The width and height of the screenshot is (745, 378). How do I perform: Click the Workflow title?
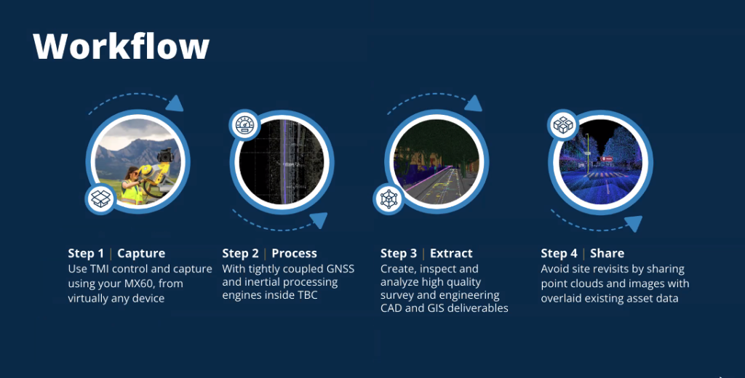point(121,46)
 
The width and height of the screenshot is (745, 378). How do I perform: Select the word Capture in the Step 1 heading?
point(141,254)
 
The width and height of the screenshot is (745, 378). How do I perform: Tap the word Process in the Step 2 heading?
point(294,254)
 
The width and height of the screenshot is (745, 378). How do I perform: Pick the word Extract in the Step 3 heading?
point(451,254)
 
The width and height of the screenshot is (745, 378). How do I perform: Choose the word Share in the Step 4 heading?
point(607,254)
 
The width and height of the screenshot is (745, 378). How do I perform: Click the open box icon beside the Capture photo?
point(100,198)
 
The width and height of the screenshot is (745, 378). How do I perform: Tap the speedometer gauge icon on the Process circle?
point(245,125)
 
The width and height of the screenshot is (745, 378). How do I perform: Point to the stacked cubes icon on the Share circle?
point(563,125)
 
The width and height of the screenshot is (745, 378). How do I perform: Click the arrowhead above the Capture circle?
point(175,103)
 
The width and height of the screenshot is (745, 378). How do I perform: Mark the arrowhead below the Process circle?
point(319,220)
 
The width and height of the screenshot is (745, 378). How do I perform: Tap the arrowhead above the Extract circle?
point(474,103)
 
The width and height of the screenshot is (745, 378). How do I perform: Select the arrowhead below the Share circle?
point(634,223)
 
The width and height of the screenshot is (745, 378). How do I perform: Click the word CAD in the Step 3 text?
point(391,308)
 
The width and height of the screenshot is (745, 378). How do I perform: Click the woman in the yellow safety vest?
point(132,186)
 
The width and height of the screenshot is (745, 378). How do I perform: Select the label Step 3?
point(399,254)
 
